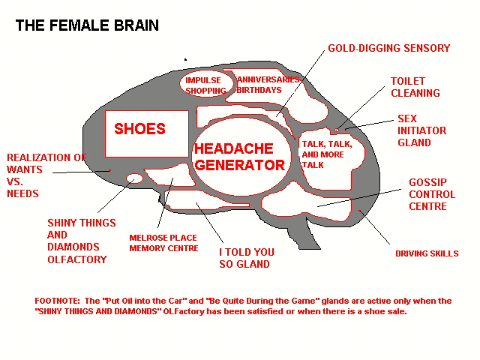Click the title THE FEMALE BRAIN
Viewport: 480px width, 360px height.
coord(87,25)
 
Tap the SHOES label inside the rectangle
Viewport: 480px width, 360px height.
coord(140,129)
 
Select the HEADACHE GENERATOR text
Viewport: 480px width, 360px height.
coord(240,157)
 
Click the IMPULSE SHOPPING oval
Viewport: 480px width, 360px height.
coord(205,84)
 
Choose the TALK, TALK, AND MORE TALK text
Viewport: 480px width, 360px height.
coord(327,154)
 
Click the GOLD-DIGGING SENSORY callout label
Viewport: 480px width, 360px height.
coord(389,48)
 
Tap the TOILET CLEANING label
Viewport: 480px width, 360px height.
coord(415,87)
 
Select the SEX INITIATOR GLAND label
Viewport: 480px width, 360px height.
coord(421,130)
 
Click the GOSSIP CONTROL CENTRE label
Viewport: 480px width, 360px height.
coord(432,194)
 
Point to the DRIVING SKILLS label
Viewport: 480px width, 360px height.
coord(427,253)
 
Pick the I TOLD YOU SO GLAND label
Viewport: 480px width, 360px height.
coord(247,258)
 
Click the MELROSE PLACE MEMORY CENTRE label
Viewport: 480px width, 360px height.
coord(163,243)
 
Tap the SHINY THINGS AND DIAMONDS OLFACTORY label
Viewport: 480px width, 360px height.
coord(82,241)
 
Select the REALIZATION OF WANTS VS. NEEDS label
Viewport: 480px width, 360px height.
coord(46,175)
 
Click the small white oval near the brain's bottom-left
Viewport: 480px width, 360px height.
coord(134,178)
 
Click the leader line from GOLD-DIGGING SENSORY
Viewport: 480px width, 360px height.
coord(300,83)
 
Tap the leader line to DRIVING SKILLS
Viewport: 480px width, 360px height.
coord(374,227)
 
